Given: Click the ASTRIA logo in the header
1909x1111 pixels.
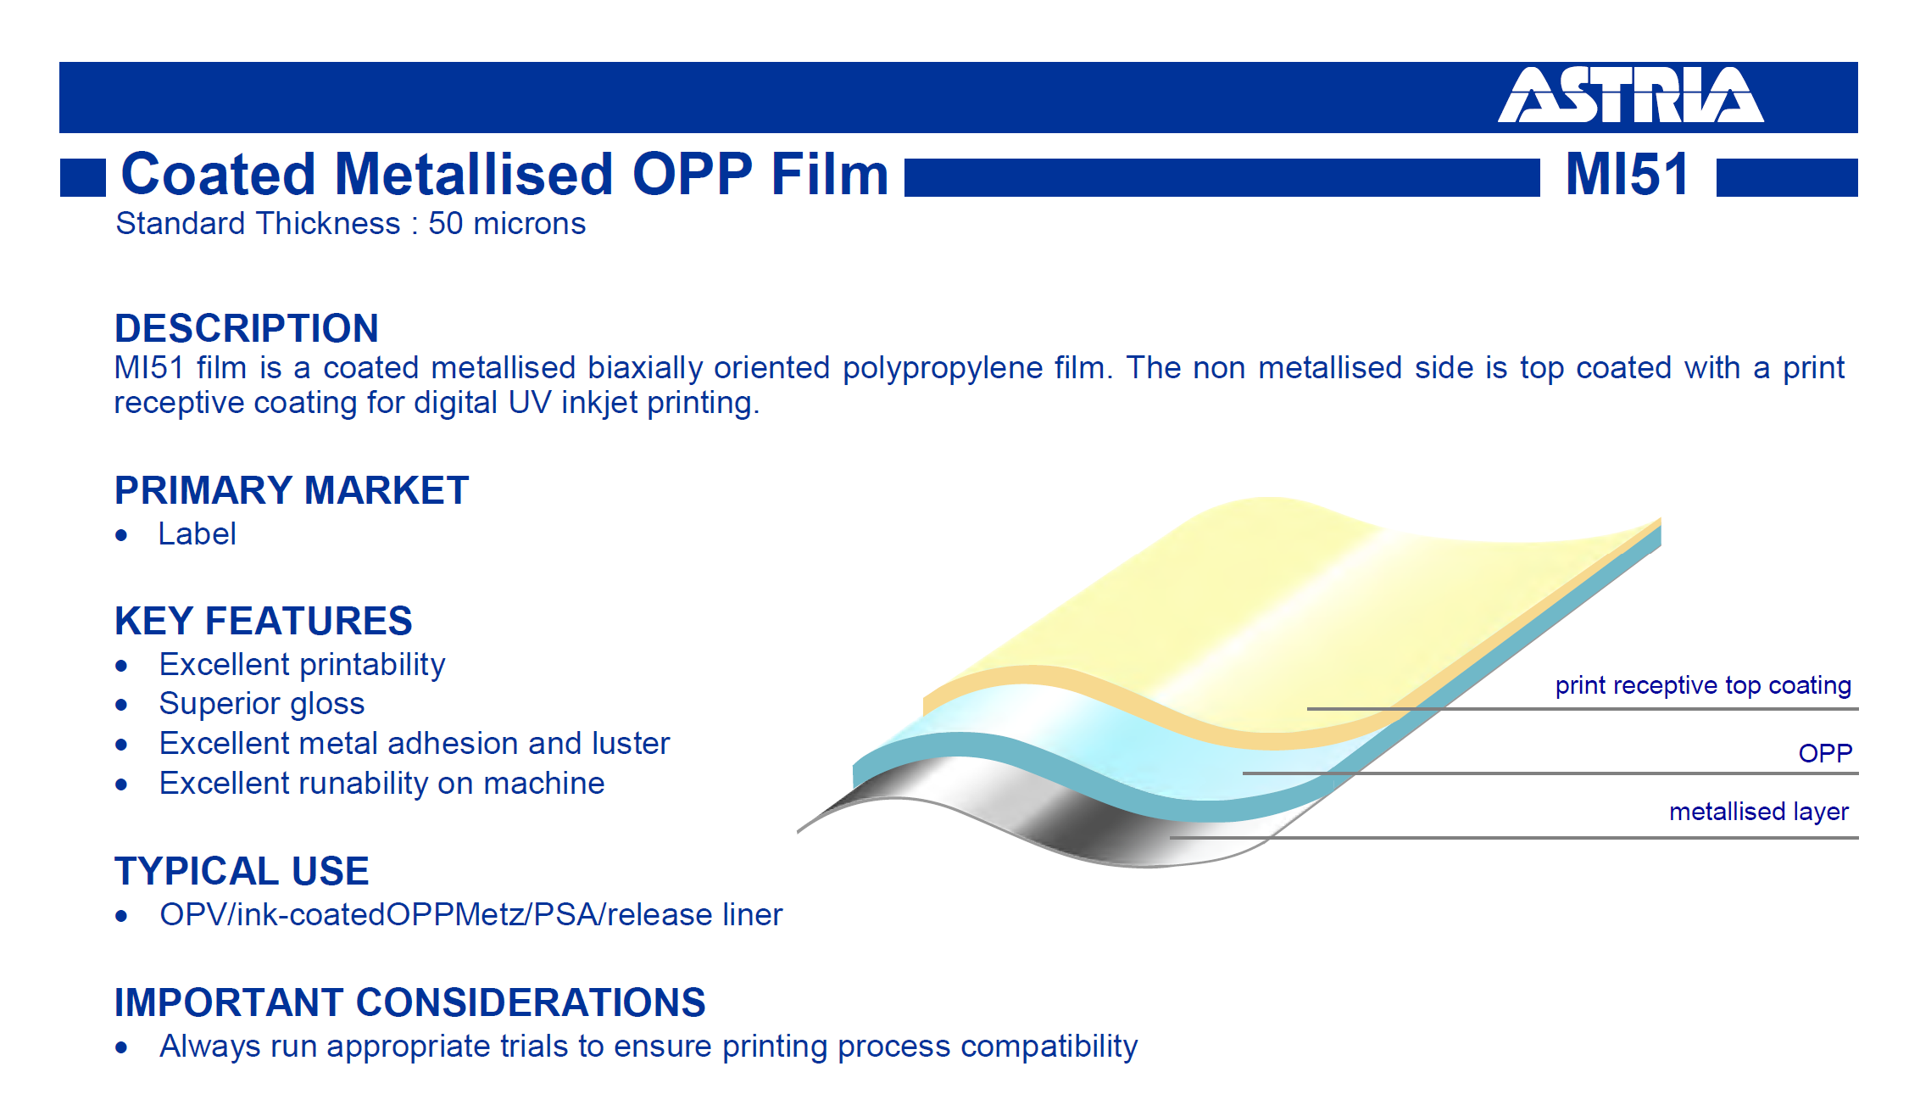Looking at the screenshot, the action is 1631,95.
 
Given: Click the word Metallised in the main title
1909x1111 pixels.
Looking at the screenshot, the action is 475,174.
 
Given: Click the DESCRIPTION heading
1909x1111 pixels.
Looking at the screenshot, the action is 247,328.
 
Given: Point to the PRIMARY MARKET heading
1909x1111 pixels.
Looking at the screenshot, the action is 292,490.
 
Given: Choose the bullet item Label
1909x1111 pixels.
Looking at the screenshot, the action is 197,534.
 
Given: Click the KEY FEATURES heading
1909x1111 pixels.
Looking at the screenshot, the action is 264,621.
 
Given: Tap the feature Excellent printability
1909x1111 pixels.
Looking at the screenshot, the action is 303,665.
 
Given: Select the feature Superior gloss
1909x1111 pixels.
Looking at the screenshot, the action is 262,705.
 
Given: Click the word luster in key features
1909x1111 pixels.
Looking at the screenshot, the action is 631,744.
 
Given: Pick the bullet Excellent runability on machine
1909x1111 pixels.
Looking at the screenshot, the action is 382,784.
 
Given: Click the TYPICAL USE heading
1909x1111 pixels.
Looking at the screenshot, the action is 242,871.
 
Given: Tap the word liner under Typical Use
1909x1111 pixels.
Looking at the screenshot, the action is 753,915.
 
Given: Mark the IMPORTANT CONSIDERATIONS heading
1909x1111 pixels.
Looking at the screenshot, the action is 410,1002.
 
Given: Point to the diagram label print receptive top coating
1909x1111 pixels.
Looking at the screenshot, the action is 1703,685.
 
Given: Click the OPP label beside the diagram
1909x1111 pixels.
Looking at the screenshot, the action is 1826,753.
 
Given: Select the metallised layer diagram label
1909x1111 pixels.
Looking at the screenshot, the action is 1759,812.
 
